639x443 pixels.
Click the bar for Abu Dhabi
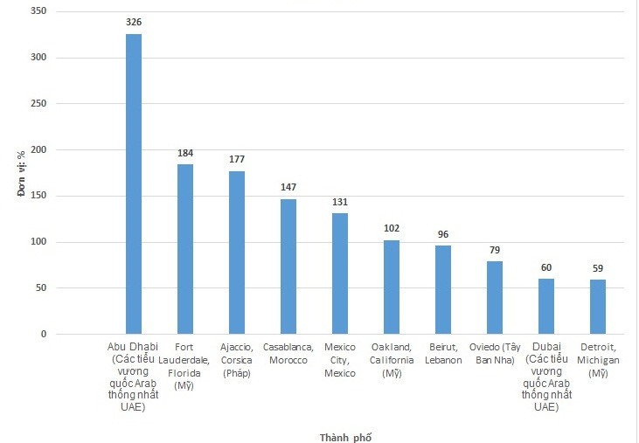[134, 183]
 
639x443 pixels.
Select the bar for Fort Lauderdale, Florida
[185, 249]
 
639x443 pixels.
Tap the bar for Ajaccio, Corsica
[237, 253]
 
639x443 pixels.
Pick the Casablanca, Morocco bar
[288, 266]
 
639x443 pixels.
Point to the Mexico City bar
[340, 273]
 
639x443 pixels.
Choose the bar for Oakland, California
[392, 287]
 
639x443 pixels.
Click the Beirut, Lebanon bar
[443, 289]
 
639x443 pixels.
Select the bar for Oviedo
[495, 297]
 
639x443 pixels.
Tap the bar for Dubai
[546, 306]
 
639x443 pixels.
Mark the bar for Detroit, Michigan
[598, 307]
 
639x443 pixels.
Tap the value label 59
[598, 267]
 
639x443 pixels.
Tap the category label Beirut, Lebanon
[443, 354]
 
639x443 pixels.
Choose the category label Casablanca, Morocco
[288, 354]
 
